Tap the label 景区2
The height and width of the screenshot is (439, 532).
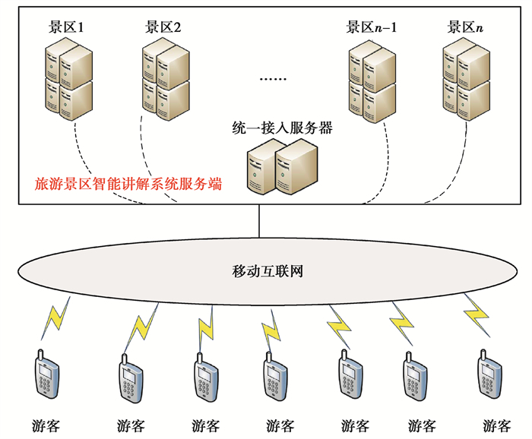pos(163,28)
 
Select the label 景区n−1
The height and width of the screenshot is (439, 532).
pos(372,28)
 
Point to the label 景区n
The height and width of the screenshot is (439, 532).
pos(465,28)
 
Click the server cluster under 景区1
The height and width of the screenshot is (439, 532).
pos(68,80)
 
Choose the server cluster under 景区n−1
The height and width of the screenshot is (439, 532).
pos(372,80)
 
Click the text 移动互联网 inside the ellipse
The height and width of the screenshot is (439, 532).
pos(267,271)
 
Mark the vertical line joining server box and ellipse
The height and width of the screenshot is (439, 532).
pos(259,220)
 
